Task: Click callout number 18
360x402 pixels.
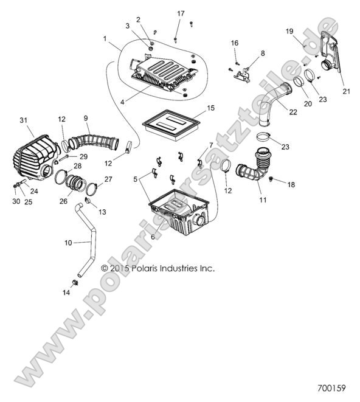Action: click(290, 184)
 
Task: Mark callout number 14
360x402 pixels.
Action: click(67, 293)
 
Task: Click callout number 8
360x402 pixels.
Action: click(262, 54)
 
